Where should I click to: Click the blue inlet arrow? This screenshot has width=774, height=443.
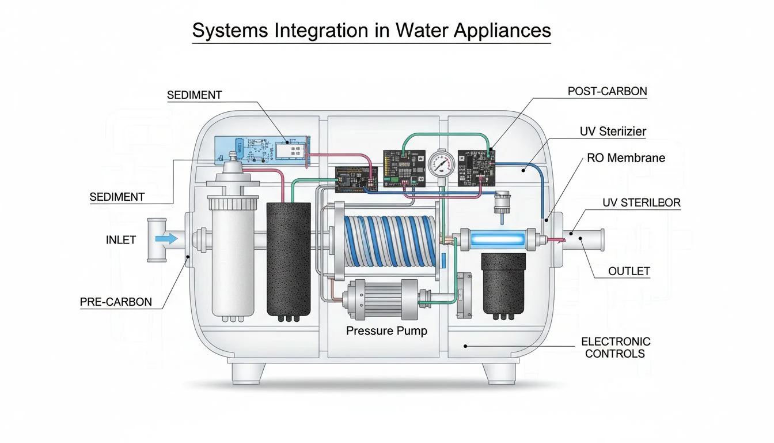pyautogui.click(x=166, y=238)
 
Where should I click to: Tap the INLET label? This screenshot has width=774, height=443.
pyautogui.click(x=121, y=239)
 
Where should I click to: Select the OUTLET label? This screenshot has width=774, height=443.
pyautogui.click(x=629, y=271)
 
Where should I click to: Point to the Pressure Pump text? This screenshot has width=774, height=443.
pyautogui.click(x=386, y=331)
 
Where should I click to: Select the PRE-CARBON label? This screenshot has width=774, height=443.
pyautogui.click(x=116, y=302)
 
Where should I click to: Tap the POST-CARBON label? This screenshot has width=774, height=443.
pyautogui.click(x=607, y=91)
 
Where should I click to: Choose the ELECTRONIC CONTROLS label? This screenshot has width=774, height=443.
pyautogui.click(x=615, y=348)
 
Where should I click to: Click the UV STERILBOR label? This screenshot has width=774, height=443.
pyautogui.click(x=641, y=202)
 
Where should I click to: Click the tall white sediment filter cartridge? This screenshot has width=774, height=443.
pyautogui.click(x=233, y=254)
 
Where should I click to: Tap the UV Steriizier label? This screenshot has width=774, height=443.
pyautogui.click(x=612, y=132)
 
